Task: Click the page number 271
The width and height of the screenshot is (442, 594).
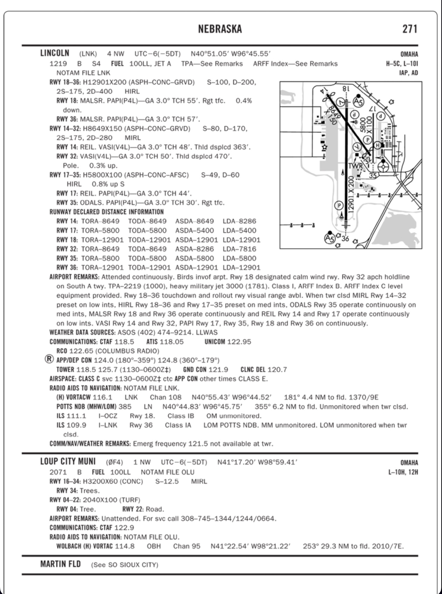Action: tap(410, 29)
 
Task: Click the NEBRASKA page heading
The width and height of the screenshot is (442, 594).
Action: tap(220, 29)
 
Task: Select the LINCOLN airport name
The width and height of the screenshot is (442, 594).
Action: tap(55, 53)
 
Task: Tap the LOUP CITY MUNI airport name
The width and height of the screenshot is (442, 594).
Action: tap(68, 462)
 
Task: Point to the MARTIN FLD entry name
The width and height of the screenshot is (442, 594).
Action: tap(60, 564)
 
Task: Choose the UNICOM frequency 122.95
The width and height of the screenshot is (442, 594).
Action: tap(239, 342)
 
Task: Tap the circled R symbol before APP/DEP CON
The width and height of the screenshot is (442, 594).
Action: tap(50, 360)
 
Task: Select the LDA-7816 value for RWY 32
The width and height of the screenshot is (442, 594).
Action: tap(239, 249)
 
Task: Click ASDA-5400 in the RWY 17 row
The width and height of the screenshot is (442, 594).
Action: tap(194, 231)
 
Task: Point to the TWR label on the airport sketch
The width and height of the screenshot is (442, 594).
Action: tap(355, 166)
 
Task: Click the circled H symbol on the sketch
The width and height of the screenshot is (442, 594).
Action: tap(377, 145)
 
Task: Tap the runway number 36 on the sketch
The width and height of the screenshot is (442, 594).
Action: tap(345, 239)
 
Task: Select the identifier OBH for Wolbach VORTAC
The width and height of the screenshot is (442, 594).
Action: tap(154, 546)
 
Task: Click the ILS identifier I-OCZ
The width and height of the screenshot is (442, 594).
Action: tap(108, 416)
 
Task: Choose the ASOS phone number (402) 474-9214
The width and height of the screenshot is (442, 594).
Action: tap(166, 332)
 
